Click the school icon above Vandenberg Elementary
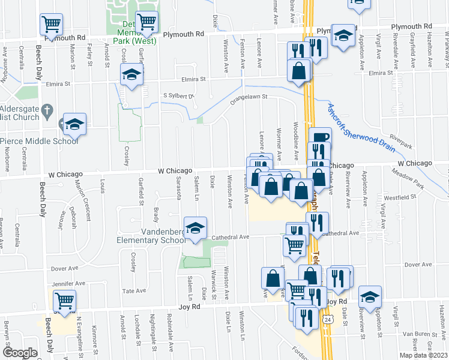coord(196,228)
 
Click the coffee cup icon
coord(320,137)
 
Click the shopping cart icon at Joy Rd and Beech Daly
coord(64,299)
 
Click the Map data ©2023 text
coord(421,355)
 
